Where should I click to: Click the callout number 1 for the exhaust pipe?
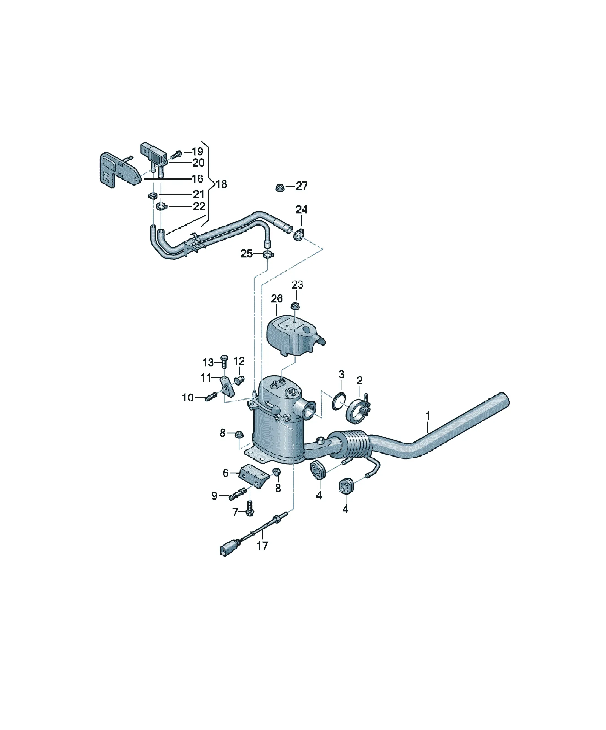(428, 416)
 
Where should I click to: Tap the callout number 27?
(302, 186)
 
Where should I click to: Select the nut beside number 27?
(279, 188)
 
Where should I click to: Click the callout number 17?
(262, 546)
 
